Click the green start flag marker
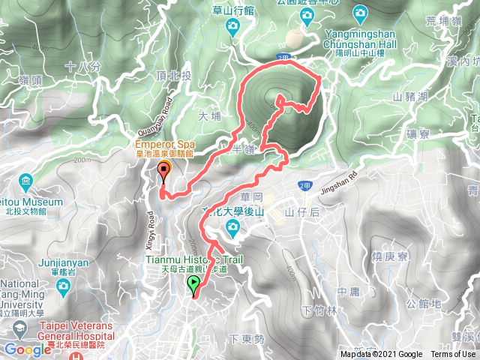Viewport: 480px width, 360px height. [x=194, y=284]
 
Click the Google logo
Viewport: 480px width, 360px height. [x=28, y=349]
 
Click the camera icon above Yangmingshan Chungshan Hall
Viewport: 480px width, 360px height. [x=360, y=13]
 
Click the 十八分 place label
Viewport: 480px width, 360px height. [x=83, y=67]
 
